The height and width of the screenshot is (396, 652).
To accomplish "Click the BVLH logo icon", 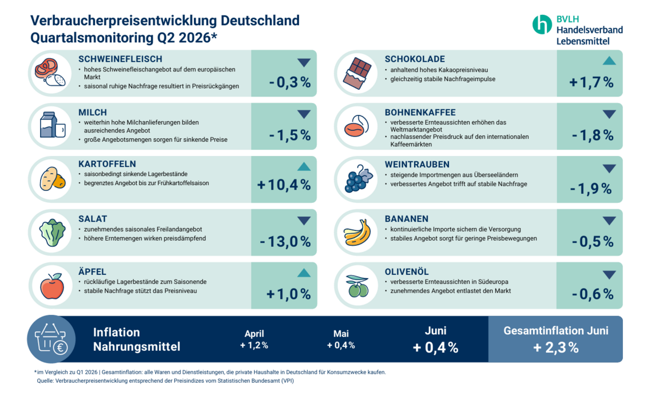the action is coord(542,25).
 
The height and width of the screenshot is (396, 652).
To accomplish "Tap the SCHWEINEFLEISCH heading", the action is coord(120,59).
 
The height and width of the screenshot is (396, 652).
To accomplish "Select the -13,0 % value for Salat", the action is coord(285,241).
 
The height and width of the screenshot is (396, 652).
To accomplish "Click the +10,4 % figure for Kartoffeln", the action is coord(284,185).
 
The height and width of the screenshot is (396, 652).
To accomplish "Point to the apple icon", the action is coord(52,286).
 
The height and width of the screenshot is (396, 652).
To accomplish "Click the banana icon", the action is coord(357,233).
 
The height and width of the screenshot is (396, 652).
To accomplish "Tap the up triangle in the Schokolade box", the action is coord(609,61).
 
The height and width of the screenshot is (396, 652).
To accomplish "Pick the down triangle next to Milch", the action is coord(304,114).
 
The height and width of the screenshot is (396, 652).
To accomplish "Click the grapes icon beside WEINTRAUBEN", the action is coord(358,179).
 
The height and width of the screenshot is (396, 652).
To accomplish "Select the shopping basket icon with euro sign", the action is coord(51,339).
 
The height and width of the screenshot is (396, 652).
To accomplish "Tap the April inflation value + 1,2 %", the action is coord(254,345).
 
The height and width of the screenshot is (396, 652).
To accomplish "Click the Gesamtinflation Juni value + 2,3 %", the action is coord(555,347).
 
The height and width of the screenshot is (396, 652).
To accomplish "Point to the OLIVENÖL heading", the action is coord(406,272).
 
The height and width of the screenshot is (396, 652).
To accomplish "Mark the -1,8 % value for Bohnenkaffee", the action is coord(593,135).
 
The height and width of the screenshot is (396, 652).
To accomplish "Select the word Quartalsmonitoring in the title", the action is coord(92,38).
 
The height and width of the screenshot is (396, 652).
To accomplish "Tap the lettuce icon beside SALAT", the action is coord(52,233).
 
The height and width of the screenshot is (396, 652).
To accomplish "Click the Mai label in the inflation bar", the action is coord(341,334).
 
